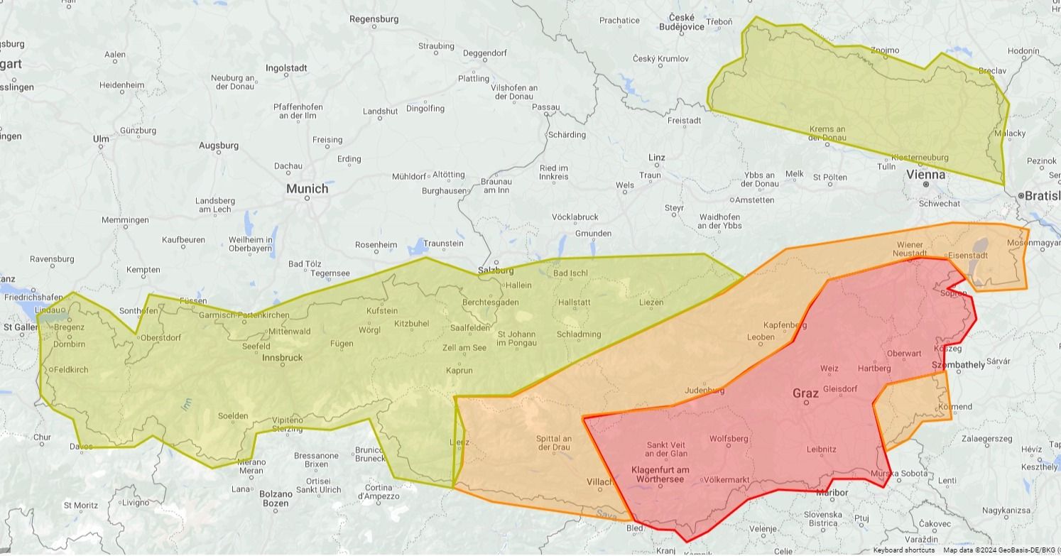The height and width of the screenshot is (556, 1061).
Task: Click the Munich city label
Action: click(x=307, y=189)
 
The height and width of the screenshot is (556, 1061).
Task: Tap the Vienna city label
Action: click(x=926, y=174)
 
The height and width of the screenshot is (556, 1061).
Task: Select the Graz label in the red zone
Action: click(x=805, y=393)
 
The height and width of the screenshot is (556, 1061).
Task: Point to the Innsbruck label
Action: click(x=282, y=357)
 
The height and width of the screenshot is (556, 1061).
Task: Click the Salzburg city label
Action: click(x=496, y=271)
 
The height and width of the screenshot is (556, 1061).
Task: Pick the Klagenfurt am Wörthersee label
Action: click(x=660, y=474)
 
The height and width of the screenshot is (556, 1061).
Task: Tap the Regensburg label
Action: click(x=374, y=19)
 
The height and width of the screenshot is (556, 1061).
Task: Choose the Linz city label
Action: click(x=656, y=158)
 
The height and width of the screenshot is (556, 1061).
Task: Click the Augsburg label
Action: click(x=219, y=146)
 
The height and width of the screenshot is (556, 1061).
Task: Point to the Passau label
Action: click(x=545, y=107)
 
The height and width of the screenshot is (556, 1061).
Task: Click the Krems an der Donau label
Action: click(x=827, y=133)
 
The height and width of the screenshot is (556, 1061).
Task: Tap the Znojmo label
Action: click(x=885, y=50)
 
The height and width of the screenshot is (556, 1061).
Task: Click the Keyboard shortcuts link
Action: click(x=903, y=550)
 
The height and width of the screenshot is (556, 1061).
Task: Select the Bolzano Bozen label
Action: click(x=276, y=498)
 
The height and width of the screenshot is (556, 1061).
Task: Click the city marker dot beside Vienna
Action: click(x=926, y=185)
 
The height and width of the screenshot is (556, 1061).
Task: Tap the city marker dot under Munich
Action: click(x=307, y=198)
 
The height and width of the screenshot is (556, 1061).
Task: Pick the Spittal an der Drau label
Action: click(x=554, y=443)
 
